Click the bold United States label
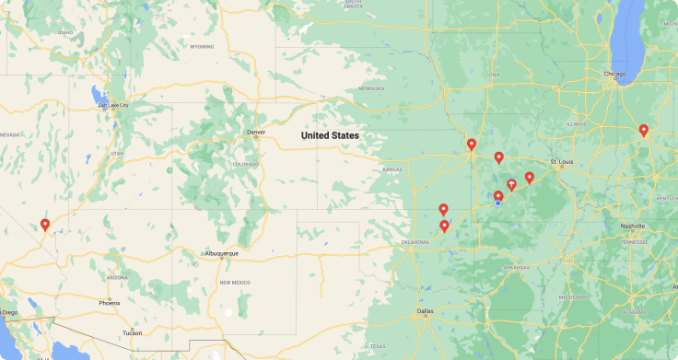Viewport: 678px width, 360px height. pos(331,135)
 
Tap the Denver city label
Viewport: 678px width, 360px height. pos(255,133)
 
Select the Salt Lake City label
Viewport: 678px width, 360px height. pos(113,105)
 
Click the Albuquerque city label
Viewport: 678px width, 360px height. pos(222,253)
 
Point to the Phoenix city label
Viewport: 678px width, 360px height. pos(109,302)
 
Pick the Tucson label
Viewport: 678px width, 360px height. pos(132,332)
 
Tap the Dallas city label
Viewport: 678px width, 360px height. pos(425,311)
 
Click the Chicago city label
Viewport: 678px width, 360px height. pos(614,74)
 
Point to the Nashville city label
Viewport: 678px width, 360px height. pos(633,226)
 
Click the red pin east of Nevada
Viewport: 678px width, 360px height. pos(44,224)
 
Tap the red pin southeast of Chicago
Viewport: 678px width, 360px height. pos(644,130)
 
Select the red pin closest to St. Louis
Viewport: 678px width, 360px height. pos(530,177)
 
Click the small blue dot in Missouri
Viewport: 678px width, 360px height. pos(498,203)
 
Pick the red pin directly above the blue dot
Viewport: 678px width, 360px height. pos(498,195)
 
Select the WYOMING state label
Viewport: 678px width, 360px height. pos(202,45)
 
